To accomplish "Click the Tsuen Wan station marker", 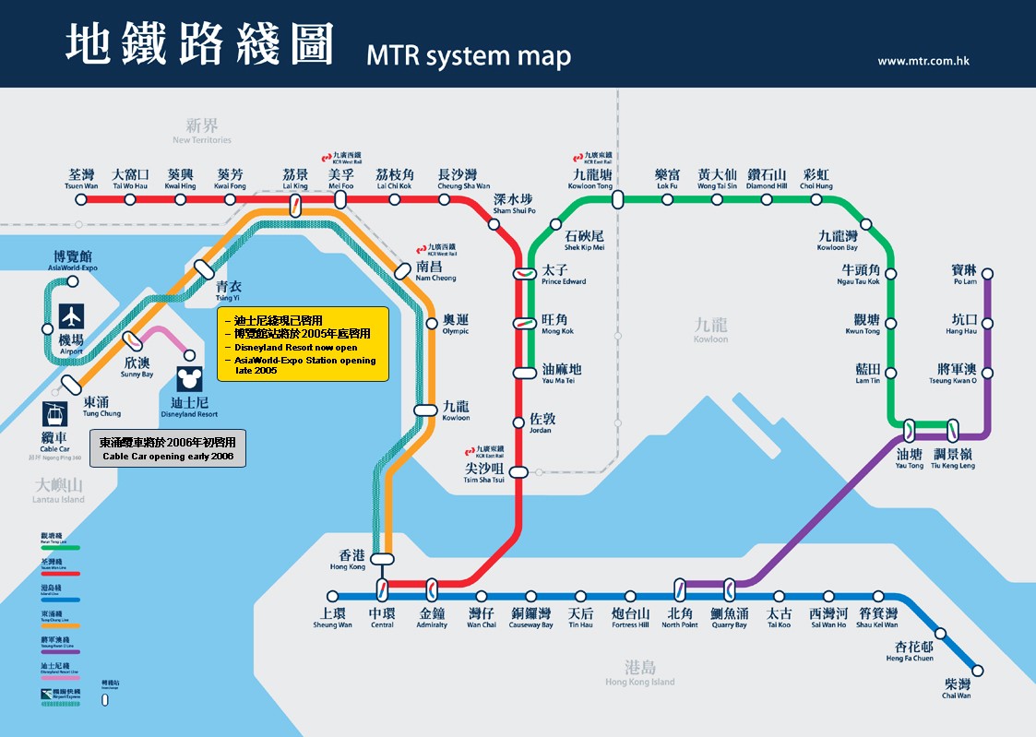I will pos(81,198).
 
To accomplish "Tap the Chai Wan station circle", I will pos(978,671).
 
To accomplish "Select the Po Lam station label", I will pos(964,275).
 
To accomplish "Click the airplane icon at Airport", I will pos(72,316).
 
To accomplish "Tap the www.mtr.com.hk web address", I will pos(923,61).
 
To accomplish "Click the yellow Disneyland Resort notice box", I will pos(303,344).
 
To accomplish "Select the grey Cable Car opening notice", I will pos(168,449).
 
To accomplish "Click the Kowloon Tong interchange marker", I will pos(617,198).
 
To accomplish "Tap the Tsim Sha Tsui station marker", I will pos(519,472).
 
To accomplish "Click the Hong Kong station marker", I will pos(382,559).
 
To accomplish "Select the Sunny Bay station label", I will pos(138,367).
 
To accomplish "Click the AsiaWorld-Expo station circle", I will pos(73,281).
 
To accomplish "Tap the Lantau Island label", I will pos(60,492).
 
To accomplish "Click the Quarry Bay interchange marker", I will pos(730,585).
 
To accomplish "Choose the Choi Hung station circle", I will pos(816,198).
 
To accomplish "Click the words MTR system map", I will pos(469,55).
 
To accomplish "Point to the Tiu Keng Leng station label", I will pos(953,459).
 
